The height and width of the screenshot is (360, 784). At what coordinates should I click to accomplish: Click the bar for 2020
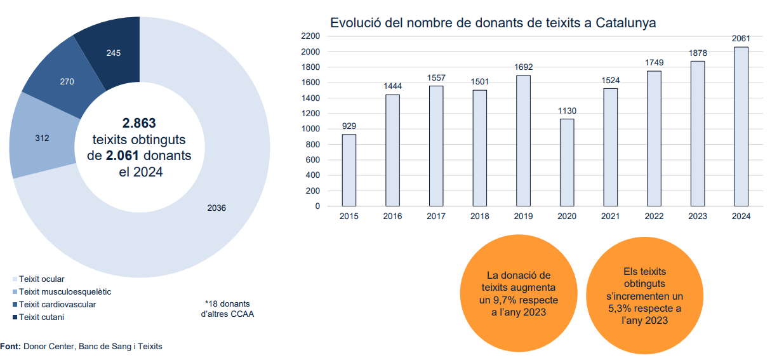coord(567,163)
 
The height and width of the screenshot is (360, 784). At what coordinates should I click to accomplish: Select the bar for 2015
coord(349,170)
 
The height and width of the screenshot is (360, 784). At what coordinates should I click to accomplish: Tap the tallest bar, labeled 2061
coord(741,126)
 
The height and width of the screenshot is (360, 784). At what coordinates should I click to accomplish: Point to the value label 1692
coord(524,67)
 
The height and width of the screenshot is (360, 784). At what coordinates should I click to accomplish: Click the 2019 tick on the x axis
coord(523,217)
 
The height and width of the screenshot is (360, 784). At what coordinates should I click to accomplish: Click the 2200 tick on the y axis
coord(311,36)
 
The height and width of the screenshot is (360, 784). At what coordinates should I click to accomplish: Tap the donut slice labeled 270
coord(67,82)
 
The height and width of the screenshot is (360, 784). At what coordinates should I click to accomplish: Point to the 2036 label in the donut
coord(216,208)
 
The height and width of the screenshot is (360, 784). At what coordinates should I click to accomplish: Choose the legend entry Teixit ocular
coord(41,279)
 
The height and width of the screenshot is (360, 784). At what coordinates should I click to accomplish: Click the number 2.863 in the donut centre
coord(139,123)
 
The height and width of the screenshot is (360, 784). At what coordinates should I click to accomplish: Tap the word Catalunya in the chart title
coord(625,23)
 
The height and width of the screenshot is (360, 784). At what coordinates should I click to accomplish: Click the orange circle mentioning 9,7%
coord(519,294)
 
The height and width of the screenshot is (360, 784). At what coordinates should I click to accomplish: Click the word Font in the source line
coord(10,347)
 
